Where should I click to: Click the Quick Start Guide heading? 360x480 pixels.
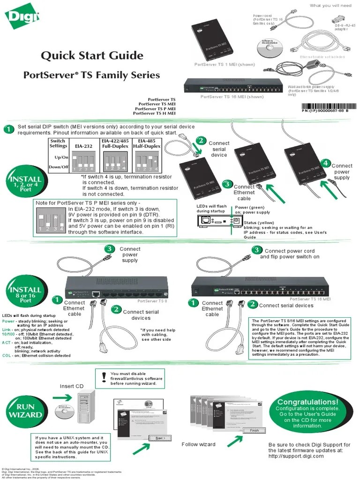(92, 56)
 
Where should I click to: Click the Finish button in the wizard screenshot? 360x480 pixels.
(254, 430)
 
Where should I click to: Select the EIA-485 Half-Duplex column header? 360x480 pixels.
(147, 143)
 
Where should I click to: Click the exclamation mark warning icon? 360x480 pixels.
(104, 376)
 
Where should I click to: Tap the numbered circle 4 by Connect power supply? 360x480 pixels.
(325, 163)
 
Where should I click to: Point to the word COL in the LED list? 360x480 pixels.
(7, 356)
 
